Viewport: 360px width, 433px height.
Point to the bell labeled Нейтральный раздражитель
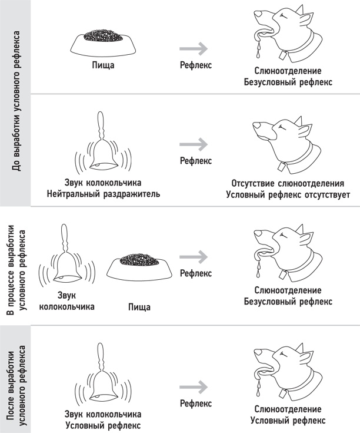[x=102, y=147]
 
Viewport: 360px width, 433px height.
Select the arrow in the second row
[x=195, y=144]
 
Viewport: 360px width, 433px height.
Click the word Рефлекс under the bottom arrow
[x=195, y=404]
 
